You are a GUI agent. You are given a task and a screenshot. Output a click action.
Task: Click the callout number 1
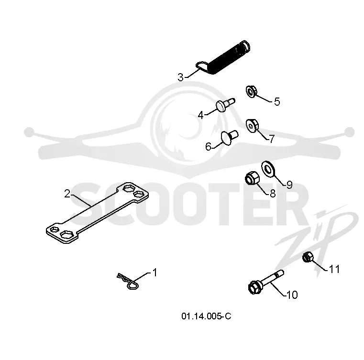click(x=155, y=273)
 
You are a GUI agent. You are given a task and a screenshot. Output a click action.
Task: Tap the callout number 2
click(x=67, y=194)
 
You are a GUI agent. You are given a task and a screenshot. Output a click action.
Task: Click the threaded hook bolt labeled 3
click(x=223, y=58)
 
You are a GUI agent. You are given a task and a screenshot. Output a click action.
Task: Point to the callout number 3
click(x=181, y=77)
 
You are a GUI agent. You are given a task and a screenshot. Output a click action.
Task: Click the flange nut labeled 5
click(x=251, y=92)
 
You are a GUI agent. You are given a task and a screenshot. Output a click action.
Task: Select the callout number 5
click(x=277, y=102)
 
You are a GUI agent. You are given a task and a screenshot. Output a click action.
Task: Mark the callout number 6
click(x=208, y=147)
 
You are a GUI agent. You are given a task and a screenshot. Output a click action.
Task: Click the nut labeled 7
click(x=252, y=126)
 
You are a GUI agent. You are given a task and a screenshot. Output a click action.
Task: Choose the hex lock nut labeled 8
click(x=253, y=178)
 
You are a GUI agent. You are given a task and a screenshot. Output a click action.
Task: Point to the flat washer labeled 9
click(x=268, y=169)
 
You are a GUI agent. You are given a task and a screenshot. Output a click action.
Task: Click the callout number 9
click(x=289, y=185)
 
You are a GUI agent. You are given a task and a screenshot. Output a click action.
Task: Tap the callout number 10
click(x=292, y=295)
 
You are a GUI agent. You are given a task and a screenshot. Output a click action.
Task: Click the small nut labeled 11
click(x=308, y=257)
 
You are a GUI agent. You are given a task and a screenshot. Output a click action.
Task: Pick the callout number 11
click(x=334, y=269)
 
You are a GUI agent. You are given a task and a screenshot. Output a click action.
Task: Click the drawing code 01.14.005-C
click(x=206, y=316)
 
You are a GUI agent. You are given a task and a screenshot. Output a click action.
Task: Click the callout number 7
click(x=272, y=139)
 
